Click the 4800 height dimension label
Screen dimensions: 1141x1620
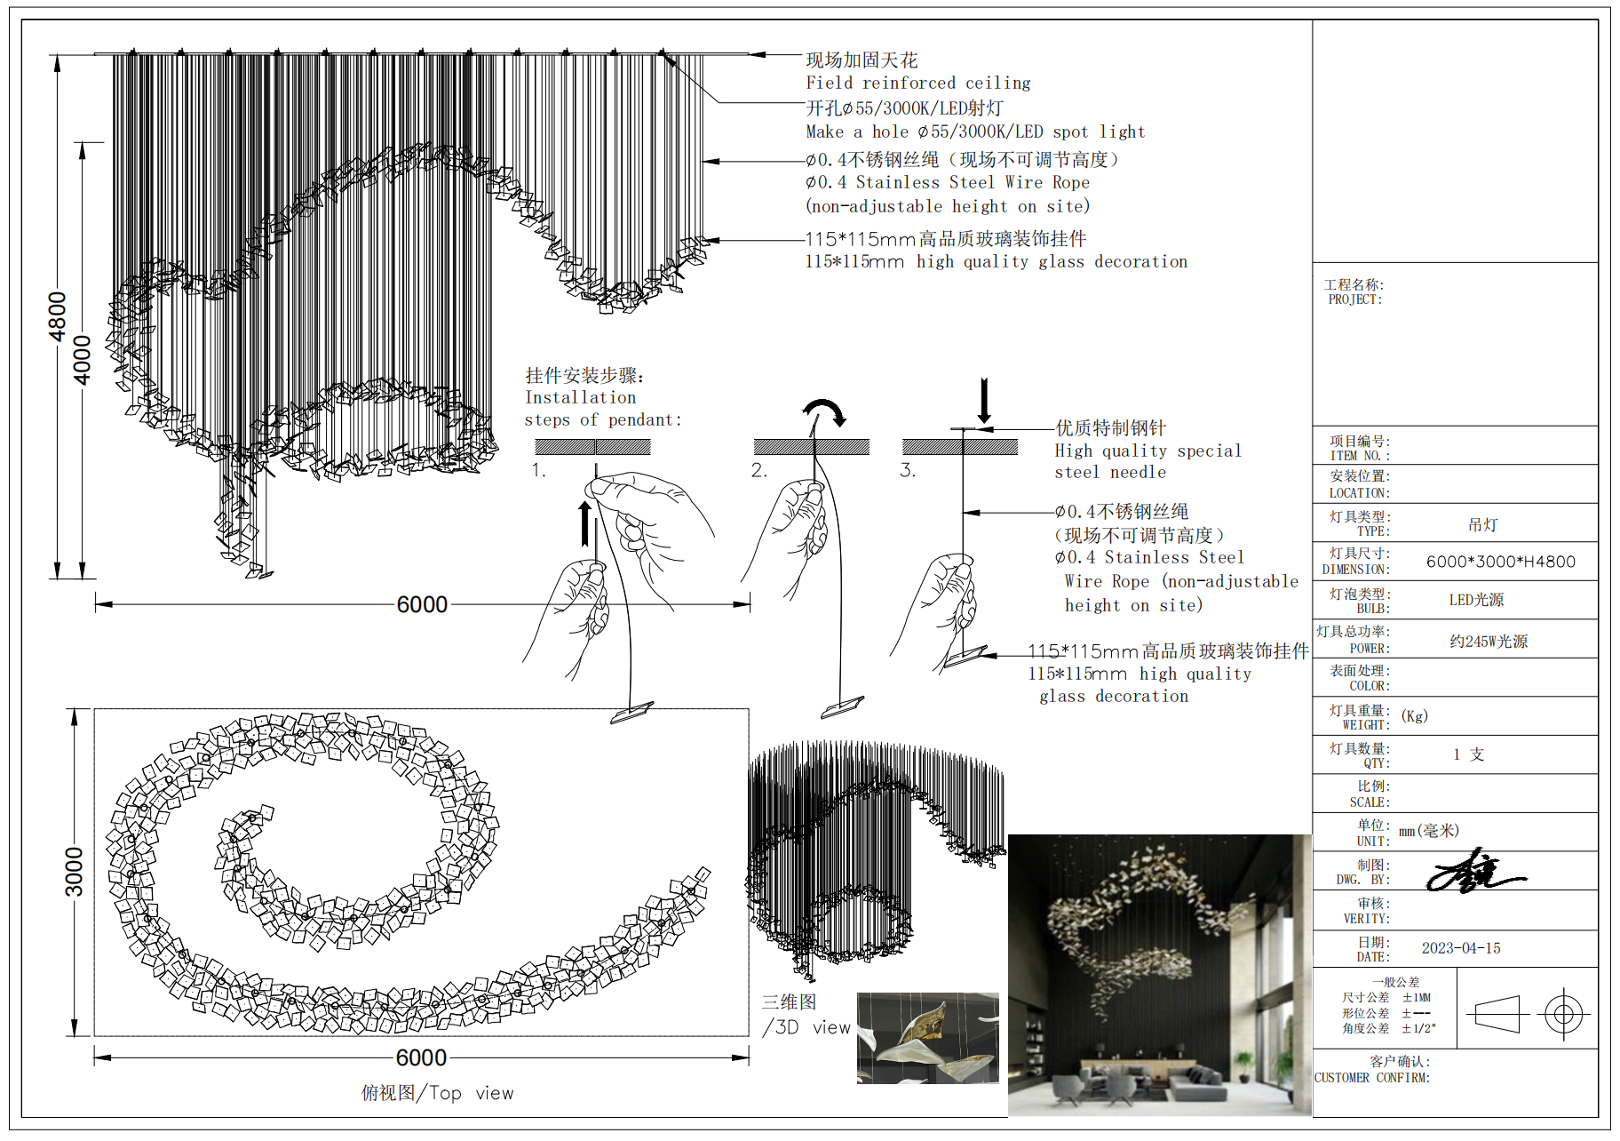click(x=58, y=316)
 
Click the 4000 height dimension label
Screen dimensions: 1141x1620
click(x=82, y=360)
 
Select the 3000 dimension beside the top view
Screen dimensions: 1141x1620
click(x=75, y=872)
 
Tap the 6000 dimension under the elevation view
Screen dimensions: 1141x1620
click(x=422, y=605)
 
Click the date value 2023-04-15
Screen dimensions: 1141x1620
click(x=1461, y=948)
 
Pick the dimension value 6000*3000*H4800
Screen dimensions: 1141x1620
click(x=1500, y=562)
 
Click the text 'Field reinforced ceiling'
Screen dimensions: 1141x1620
click(x=917, y=84)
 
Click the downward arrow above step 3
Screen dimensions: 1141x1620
click(x=984, y=401)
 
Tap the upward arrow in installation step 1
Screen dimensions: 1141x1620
click(x=584, y=523)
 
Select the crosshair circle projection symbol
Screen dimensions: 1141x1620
click(x=1564, y=1013)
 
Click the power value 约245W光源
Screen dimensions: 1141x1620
click(x=1489, y=642)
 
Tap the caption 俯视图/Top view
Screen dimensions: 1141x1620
click(x=437, y=1093)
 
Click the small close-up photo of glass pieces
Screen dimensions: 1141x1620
click(x=927, y=1038)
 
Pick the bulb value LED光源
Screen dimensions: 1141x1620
click(x=1476, y=600)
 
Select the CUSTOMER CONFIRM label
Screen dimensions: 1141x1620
click(x=1372, y=1078)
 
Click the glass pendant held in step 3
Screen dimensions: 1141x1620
click(x=965, y=658)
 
